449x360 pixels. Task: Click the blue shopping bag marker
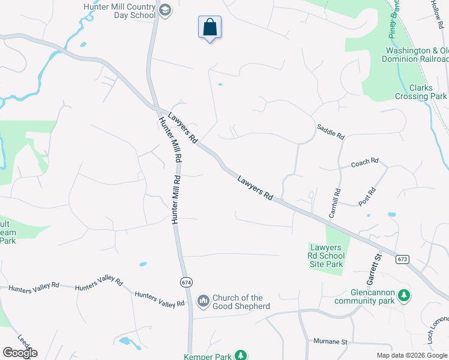(209, 28)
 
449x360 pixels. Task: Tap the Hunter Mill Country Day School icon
(165, 10)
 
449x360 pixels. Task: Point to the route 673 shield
(402, 259)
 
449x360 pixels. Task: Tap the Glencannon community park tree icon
(405, 295)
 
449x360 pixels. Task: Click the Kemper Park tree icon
(240, 356)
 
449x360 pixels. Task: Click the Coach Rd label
(365, 162)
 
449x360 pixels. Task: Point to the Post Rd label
(367, 197)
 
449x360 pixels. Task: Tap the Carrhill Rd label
(334, 203)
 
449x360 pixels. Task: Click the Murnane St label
(330, 341)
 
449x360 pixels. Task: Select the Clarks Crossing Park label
(421, 92)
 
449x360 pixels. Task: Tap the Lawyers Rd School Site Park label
(326, 256)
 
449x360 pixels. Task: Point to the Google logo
(20, 353)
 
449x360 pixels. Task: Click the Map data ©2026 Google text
(412, 355)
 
